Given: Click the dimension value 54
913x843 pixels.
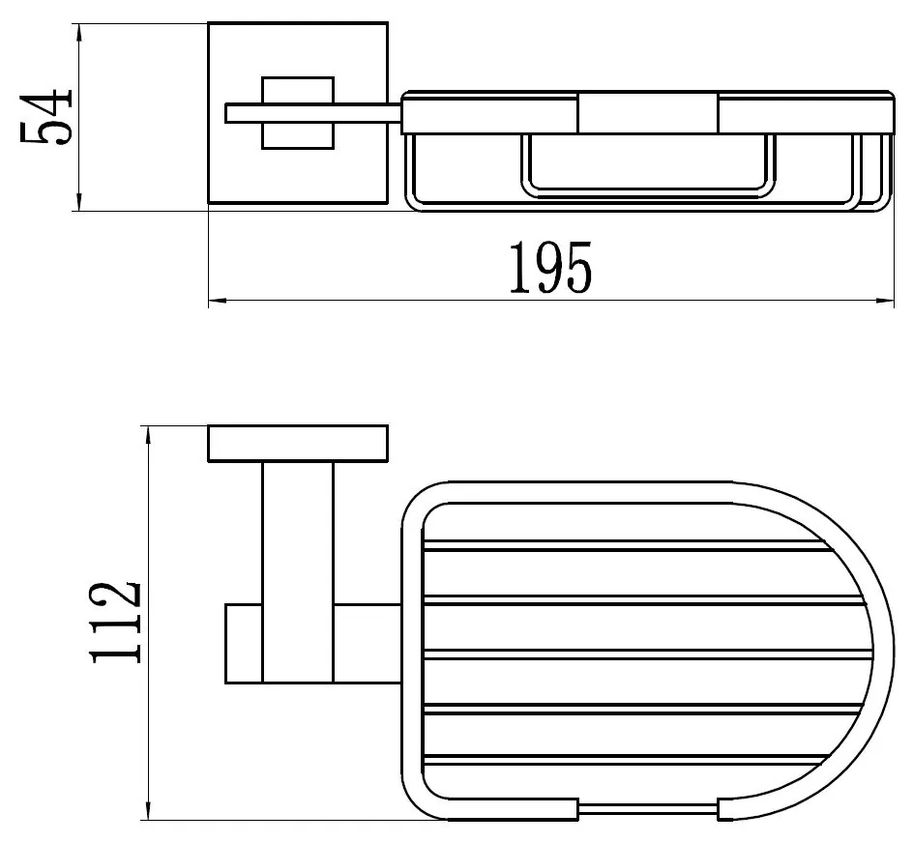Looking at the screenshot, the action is point(45,116).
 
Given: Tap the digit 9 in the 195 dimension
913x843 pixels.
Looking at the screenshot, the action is point(549,268).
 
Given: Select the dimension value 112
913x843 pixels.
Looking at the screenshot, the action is point(115,622).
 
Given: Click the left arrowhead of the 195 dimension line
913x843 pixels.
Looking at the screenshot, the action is point(218,301).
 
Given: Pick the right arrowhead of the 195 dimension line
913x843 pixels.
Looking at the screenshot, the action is point(885,301).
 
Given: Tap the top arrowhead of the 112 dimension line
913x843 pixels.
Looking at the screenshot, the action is point(149,436).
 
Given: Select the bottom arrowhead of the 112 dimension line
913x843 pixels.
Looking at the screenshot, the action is point(149,811).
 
